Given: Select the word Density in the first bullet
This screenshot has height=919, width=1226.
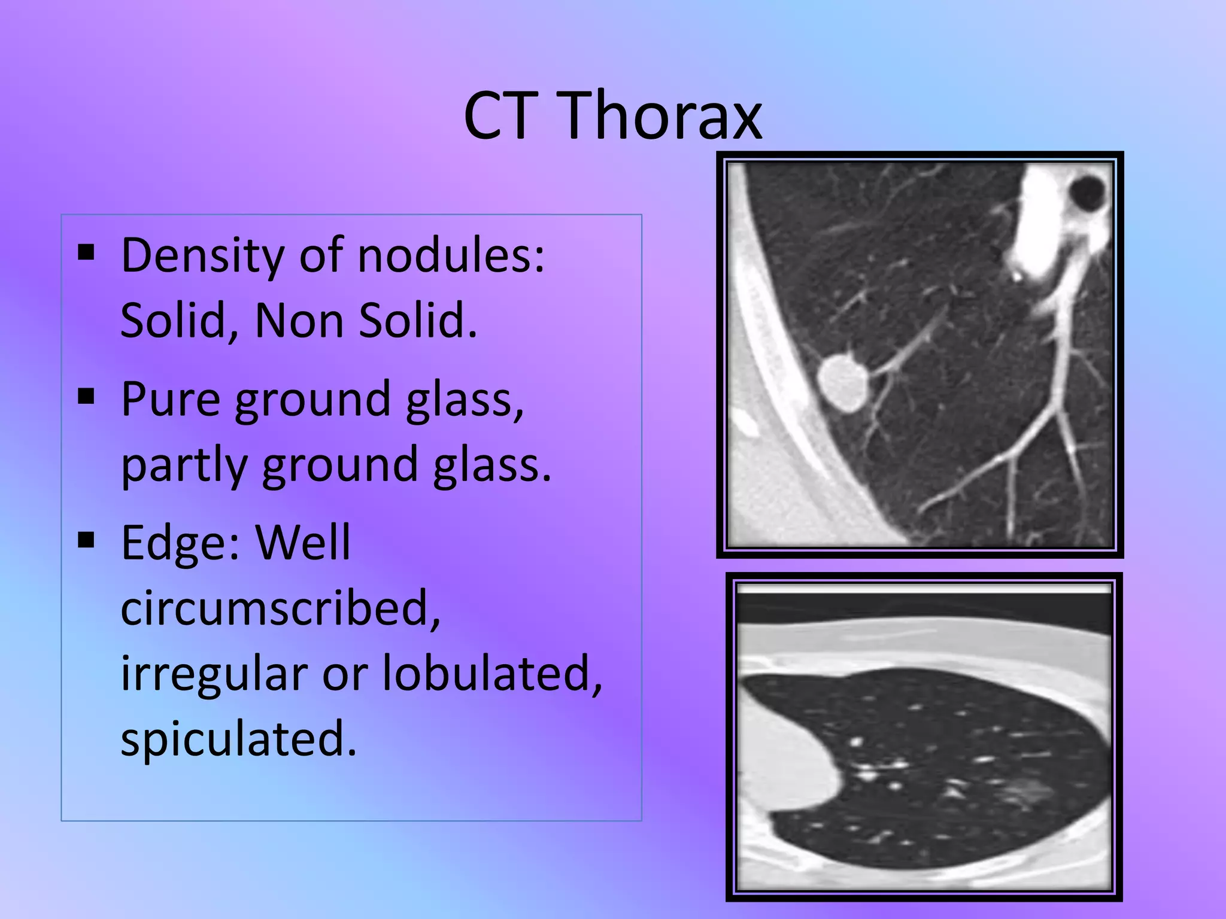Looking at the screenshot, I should coord(202,256).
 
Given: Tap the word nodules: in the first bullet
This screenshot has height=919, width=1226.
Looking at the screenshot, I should coord(451,255).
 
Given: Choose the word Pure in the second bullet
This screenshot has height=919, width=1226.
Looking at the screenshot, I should coord(170,400).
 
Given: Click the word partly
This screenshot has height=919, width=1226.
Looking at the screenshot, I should coord(183,465).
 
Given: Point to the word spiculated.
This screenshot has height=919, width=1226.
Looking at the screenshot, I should coord(238,739).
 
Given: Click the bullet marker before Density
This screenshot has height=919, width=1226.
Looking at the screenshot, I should coord(87,253).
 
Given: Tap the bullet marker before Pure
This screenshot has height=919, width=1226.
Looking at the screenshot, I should coord(87,396).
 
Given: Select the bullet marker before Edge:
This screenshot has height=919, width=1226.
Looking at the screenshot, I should coord(87,540).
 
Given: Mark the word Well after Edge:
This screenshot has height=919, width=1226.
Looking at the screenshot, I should coord(303,543).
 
